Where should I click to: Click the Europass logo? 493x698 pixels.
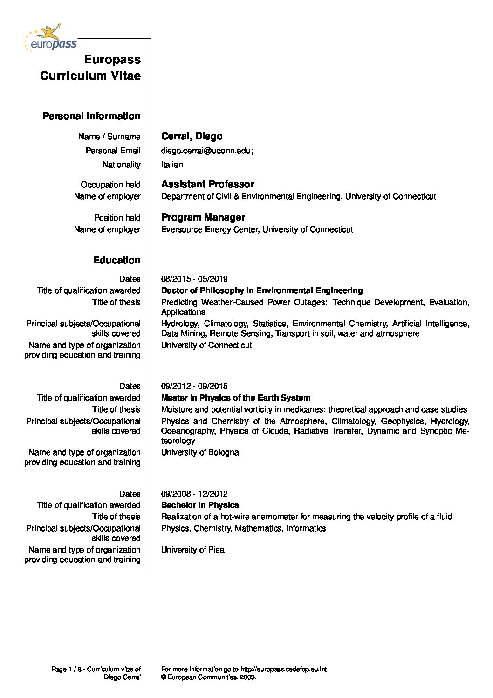click(x=50, y=38)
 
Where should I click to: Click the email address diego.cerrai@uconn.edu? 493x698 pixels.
click(x=206, y=151)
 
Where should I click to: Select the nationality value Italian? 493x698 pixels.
click(x=172, y=165)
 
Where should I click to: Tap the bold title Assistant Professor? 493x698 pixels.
click(x=207, y=184)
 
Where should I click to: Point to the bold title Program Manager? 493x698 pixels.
click(x=203, y=217)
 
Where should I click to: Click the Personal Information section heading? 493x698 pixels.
click(x=91, y=116)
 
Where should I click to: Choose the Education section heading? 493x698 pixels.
click(x=116, y=260)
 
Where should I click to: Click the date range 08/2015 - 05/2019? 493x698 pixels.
click(x=194, y=279)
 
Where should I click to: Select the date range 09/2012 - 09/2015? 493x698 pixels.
click(x=194, y=386)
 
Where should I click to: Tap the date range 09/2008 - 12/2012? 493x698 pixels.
click(x=194, y=494)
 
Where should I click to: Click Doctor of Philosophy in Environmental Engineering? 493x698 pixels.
click(x=262, y=290)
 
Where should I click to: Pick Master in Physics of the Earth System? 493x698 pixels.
click(x=236, y=398)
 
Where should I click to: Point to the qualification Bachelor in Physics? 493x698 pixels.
click(x=200, y=505)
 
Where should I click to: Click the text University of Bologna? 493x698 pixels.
click(x=200, y=452)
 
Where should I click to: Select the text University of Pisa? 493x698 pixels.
click(x=193, y=550)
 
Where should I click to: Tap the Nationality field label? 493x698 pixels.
click(x=121, y=165)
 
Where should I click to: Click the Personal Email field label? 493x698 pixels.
click(x=113, y=151)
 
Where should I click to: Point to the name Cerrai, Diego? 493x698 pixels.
click(x=192, y=136)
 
